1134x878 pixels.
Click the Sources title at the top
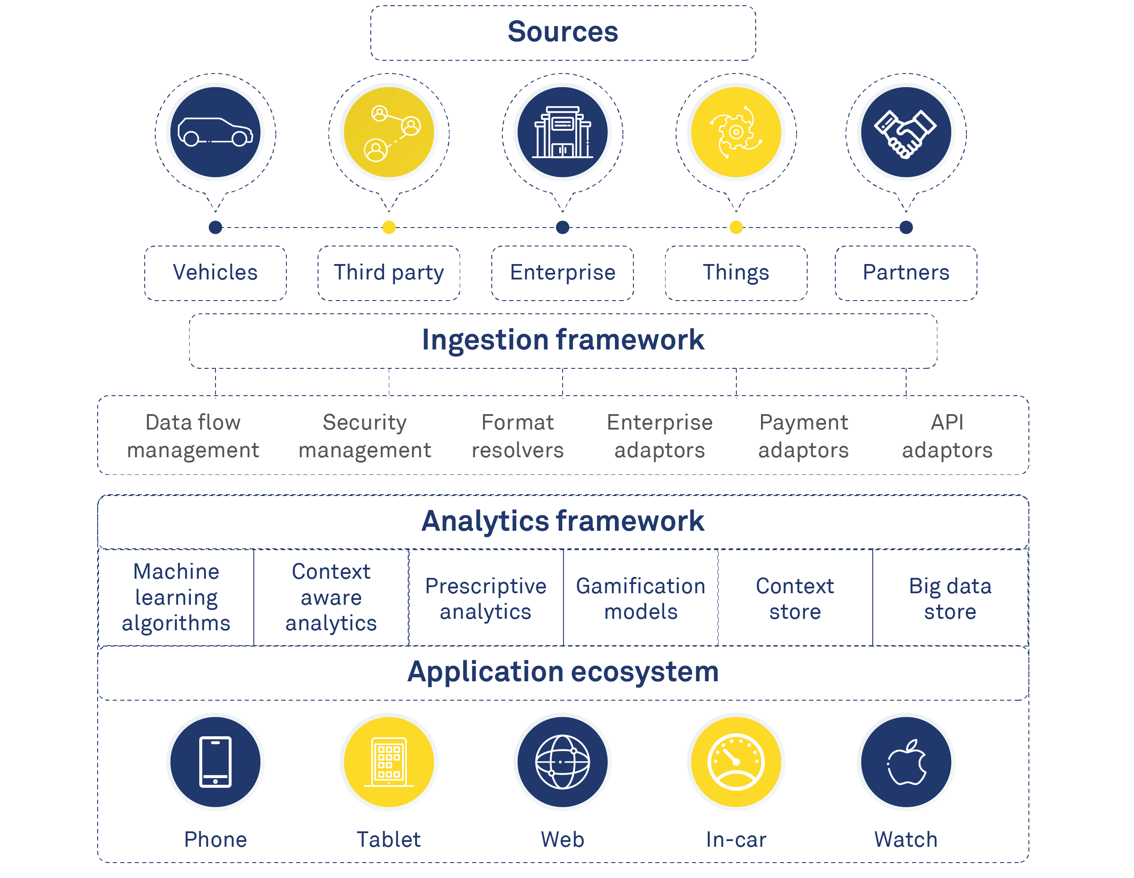click(x=563, y=32)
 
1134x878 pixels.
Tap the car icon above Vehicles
click(x=215, y=132)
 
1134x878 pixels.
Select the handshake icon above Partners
click(x=906, y=132)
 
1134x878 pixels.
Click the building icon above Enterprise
click(x=562, y=132)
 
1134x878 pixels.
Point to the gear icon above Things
click(x=736, y=132)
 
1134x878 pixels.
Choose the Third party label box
click(x=389, y=273)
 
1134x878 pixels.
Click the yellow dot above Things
click(x=736, y=227)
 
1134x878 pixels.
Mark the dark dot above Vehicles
click(x=215, y=227)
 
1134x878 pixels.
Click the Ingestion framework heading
click(x=563, y=340)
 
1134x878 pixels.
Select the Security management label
click(x=365, y=436)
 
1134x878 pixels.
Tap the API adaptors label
click(x=947, y=436)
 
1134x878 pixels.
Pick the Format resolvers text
click(x=518, y=436)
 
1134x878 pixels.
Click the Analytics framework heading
click(x=563, y=521)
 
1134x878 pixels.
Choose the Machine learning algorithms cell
click(x=176, y=597)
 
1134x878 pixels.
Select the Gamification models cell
click(x=641, y=599)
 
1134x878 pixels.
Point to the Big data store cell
click(x=950, y=599)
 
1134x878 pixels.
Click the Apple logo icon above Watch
click(x=906, y=762)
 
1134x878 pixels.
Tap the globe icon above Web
click(x=562, y=762)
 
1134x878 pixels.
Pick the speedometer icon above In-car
click(x=736, y=762)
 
